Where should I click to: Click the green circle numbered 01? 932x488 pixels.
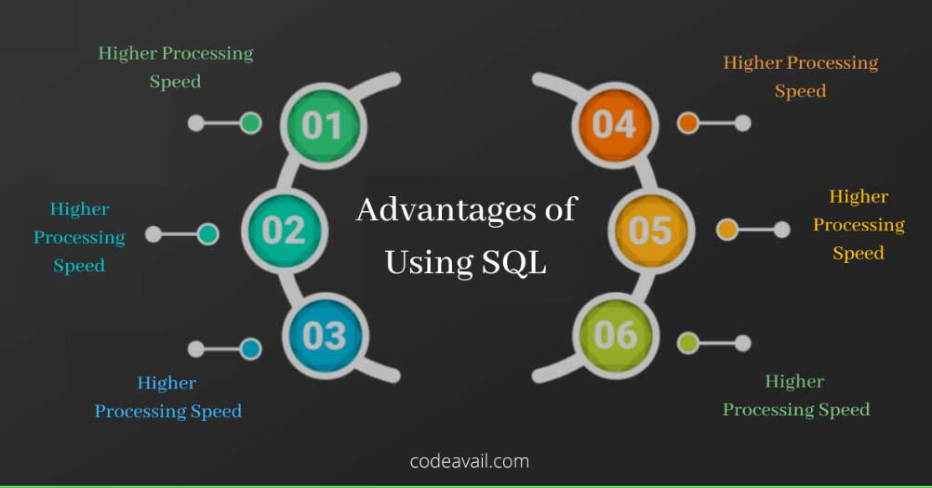click(324, 125)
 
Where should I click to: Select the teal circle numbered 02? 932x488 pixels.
click(285, 230)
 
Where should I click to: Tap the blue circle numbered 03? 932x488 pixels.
click(326, 336)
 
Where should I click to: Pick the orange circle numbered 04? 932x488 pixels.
click(615, 125)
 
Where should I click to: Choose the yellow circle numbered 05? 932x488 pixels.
click(651, 231)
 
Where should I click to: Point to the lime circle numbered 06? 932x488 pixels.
click(616, 336)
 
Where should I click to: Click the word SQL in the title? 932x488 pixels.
click(514, 262)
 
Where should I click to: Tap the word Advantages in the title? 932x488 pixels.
click(446, 209)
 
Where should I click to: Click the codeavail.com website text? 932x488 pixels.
click(470, 461)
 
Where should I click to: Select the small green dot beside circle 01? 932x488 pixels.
click(251, 123)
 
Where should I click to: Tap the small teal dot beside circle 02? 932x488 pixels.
click(207, 234)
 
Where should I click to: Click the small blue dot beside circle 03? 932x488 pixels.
click(251, 350)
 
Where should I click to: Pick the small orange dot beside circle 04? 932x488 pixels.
click(687, 123)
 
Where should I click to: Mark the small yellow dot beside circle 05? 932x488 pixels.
click(727, 230)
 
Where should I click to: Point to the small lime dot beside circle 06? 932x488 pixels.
click(687, 343)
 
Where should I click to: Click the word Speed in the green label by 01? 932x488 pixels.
click(175, 82)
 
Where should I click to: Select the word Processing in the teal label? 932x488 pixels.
click(80, 237)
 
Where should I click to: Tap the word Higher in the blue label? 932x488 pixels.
click(167, 383)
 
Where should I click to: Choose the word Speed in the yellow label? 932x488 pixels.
click(859, 254)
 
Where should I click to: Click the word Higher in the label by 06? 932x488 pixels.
click(794, 381)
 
